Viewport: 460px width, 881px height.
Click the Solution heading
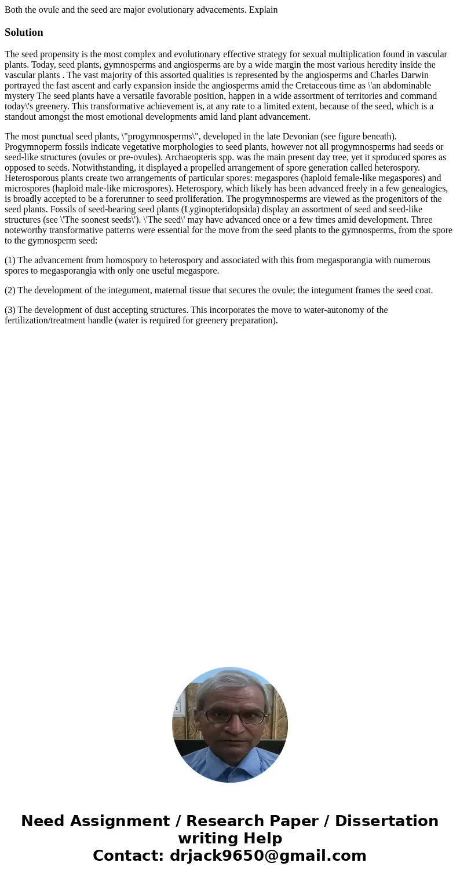click(x=24, y=32)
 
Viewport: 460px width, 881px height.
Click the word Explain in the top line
click(x=263, y=10)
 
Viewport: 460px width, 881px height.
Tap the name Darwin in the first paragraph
click(x=414, y=75)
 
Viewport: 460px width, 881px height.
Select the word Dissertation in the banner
click(x=386, y=821)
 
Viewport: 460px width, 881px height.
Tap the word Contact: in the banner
click(x=129, y=856)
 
